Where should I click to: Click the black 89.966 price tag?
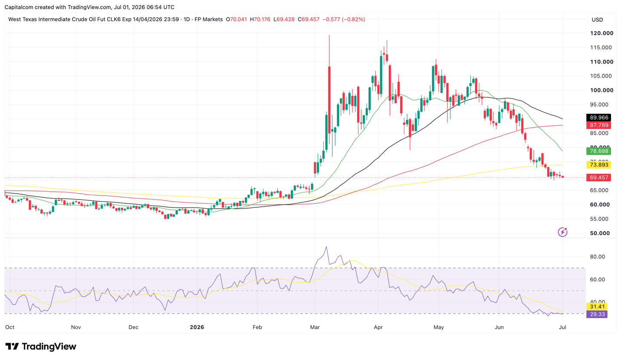[598, 118]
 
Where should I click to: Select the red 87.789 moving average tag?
[598, 125]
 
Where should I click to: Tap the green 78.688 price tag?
[598, 151]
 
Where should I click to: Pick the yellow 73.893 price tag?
[598, 165]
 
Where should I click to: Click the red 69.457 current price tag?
[598, 177]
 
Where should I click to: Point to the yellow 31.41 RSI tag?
[597, 307]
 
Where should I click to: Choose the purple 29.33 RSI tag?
[597, 314]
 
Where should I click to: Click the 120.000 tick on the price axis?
[601, 33]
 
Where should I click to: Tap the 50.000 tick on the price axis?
[600, 233]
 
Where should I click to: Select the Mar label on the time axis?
[315, 327]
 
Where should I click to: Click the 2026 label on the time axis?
[197, 327]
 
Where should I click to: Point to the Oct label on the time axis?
[10, 327]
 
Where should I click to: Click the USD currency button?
[598, 20]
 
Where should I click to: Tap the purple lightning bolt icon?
[562, 232]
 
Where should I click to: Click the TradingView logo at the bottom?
[41, 347]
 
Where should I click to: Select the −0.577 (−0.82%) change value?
[344, 20]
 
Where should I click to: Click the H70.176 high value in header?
[260, 20]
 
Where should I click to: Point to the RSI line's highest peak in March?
[326, 246]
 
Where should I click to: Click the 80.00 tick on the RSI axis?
[598, 257]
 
